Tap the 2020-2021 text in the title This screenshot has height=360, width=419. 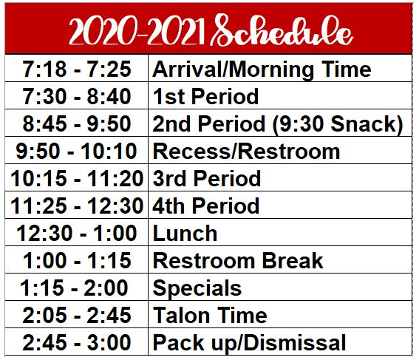point(137,32)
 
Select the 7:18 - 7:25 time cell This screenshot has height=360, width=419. point(77,69)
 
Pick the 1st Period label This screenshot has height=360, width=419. point(205,96)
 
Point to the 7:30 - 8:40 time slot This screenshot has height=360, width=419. point(77,96)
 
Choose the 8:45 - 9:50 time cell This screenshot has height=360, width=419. point(77,123)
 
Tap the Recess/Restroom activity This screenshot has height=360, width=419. point(246,152)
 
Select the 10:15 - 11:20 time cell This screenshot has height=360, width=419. point(77,178)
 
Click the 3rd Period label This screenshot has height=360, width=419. point(207,178)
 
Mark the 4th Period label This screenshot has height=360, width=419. point(205,206)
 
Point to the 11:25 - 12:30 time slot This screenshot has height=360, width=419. point(77,206)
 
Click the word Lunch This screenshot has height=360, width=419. point(185,234)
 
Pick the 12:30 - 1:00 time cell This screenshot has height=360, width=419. point(77,233)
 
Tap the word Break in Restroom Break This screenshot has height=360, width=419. point(293,260)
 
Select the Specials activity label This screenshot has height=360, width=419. point(197,289)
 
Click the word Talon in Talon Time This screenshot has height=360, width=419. point(182,316)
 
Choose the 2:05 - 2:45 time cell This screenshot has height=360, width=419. point(77,315)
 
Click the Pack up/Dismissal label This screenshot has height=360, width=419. point(249,344)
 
